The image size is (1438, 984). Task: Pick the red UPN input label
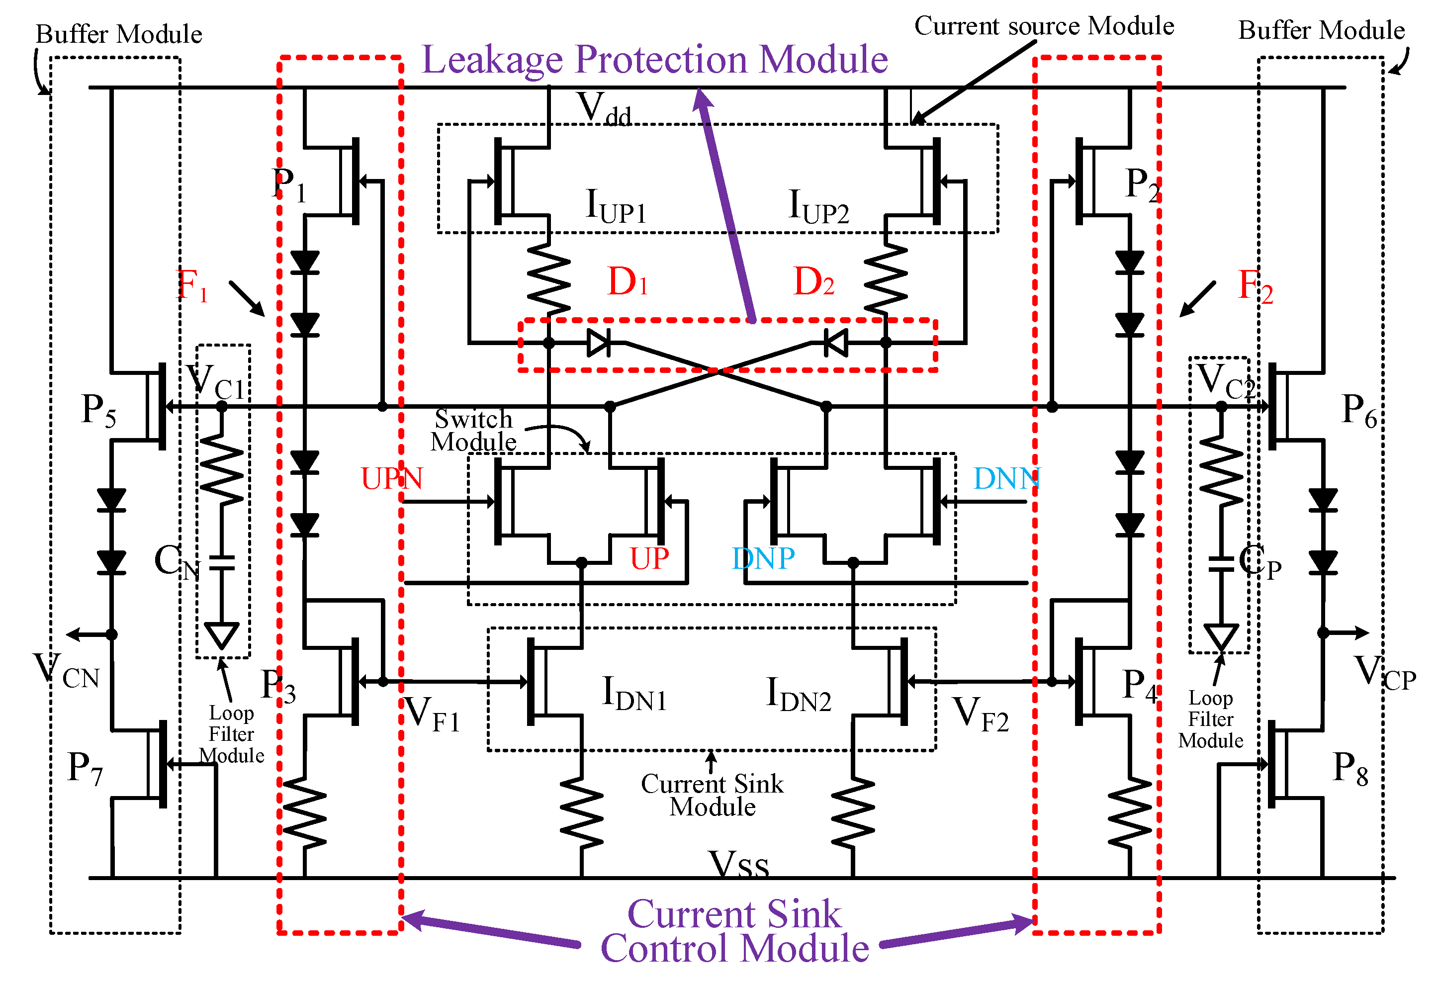coord(392,478)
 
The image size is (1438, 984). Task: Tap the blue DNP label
coord(762,558)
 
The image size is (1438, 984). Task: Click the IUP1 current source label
coord(615,206)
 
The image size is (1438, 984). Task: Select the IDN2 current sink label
coord(798,695)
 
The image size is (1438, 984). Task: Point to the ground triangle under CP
coord(1221,637)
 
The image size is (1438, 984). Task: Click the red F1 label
coord(192,286)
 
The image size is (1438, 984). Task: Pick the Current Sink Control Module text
coord(734,931)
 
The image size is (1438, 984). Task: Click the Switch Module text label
coord(473,431)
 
